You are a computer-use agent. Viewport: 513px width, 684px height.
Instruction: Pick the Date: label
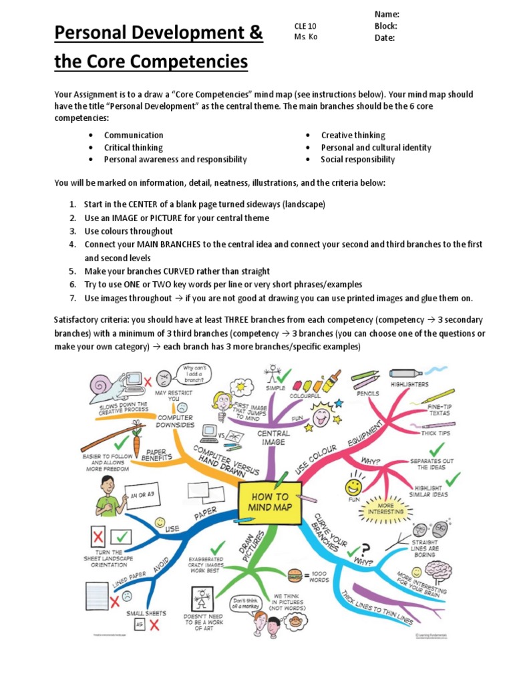384,38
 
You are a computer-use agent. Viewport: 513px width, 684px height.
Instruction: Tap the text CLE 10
305,26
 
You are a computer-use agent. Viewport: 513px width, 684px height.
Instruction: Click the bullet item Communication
134,135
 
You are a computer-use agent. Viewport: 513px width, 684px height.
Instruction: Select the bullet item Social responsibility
357,160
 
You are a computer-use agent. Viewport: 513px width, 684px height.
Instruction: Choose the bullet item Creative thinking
353,135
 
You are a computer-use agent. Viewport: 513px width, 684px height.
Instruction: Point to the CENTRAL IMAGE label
273,438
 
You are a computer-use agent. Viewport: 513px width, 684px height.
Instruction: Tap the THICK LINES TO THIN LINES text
377,607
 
